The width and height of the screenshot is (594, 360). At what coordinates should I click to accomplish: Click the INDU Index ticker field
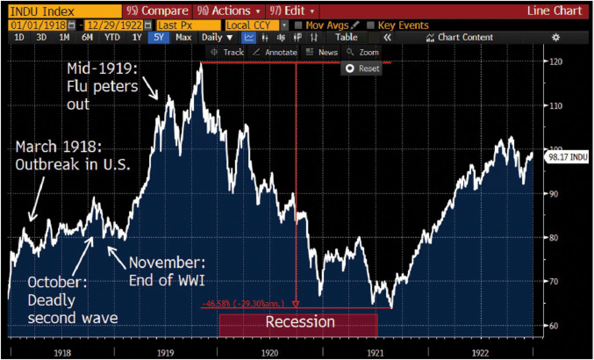(x=64, y=11)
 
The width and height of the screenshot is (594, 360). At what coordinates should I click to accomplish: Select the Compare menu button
(x=157, y=11)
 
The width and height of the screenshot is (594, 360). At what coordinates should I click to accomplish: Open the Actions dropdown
(x=229, y=11)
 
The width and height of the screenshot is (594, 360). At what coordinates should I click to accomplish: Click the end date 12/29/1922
(x=115, y=25)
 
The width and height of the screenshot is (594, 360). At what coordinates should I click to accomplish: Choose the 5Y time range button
(x=158, y=38)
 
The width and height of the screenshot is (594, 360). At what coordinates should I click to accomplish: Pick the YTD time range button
(x=112, y=38)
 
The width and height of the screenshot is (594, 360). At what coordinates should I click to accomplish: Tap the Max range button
(x=183, y=38)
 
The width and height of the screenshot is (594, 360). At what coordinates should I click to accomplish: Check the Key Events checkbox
(x=371, y=25)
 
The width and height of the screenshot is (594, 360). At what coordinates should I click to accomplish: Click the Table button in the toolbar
(x=346, y=38)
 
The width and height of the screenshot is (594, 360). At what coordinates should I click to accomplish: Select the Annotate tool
(x=276, y=52)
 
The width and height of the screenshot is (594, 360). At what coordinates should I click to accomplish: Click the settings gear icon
(x=555, y=38)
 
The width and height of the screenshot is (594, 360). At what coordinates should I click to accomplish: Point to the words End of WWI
(x=167, y=281)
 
